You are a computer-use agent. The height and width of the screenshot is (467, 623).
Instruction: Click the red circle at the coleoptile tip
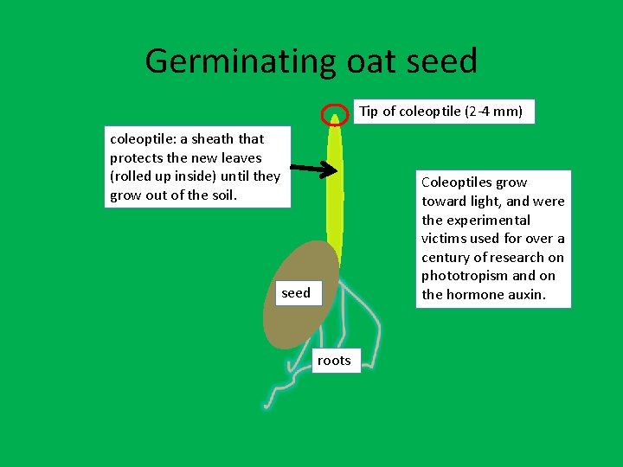333,115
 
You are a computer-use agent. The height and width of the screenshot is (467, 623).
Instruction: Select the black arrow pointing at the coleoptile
312,169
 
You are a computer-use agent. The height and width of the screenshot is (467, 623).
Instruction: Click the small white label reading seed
296,293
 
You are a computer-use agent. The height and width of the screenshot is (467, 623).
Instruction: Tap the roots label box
334,361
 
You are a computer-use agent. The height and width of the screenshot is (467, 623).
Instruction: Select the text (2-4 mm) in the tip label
494,112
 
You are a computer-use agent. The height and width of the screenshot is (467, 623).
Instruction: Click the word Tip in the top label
369,112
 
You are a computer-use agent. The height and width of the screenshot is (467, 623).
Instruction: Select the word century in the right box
447,258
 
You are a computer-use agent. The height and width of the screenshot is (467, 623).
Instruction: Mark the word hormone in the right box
474,295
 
